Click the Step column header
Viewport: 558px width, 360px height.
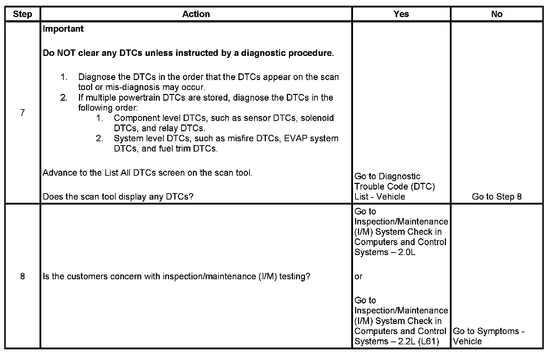(x=22, y=14)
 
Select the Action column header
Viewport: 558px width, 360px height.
(x=196, y=14)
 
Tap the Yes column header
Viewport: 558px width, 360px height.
(x=401, y=14)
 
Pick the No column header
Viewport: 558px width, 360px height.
(x=496, y=14)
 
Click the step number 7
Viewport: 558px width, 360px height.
(x=22, y=113)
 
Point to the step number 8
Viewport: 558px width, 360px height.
(x=22, y=276)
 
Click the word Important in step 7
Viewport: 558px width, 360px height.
(x=63, y=29)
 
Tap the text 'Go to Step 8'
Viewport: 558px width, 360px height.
(x=496, y=197)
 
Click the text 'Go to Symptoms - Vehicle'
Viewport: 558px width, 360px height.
(x=488, y=336)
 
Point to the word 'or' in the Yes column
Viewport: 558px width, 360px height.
(x=358, y=276)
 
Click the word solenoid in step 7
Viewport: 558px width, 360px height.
(x=317, y=118)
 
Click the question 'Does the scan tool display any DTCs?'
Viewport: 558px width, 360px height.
(x=118, y=197)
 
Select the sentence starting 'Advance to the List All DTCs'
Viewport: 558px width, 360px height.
(x=147, y=173)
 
